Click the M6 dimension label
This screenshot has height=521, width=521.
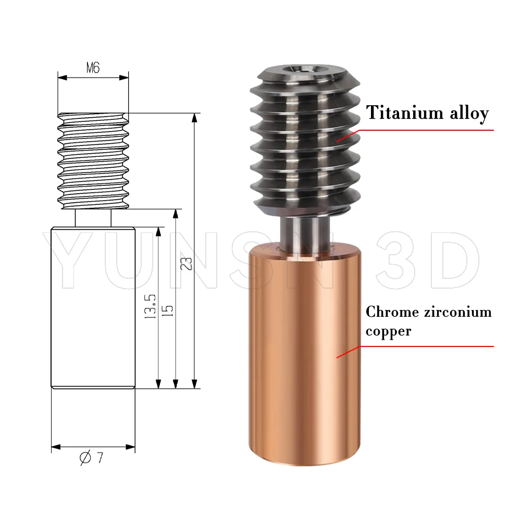point(92,68)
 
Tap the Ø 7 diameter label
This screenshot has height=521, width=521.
point(92,458)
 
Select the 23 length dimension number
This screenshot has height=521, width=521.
point(189,263)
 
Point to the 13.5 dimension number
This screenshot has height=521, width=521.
point(151,307)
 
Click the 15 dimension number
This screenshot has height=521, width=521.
point(168,311)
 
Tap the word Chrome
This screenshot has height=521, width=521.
point(392,312)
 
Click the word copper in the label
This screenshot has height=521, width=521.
point(388,331)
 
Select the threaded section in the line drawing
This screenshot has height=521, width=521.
point(93,162)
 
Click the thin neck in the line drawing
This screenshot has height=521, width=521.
point(93,218)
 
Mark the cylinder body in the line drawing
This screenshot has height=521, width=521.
point(93,307)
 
